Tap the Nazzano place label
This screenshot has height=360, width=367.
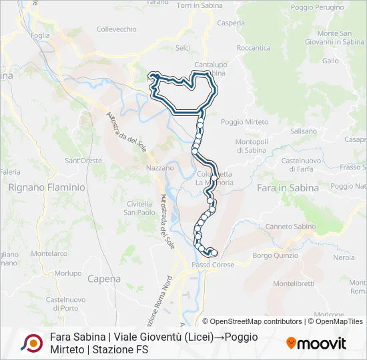(159, 168)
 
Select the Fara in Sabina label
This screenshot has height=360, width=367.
(288, 188)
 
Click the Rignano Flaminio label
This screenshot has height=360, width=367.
(47, 188)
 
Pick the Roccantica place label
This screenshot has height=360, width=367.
(254, 48)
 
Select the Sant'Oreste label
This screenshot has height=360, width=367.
(83, 161)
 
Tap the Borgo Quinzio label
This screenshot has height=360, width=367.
(276, 255)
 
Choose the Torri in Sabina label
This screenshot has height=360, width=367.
(200, 5)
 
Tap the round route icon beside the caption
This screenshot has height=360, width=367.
(31, 343)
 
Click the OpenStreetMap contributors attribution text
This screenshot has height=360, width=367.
(257, 321)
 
